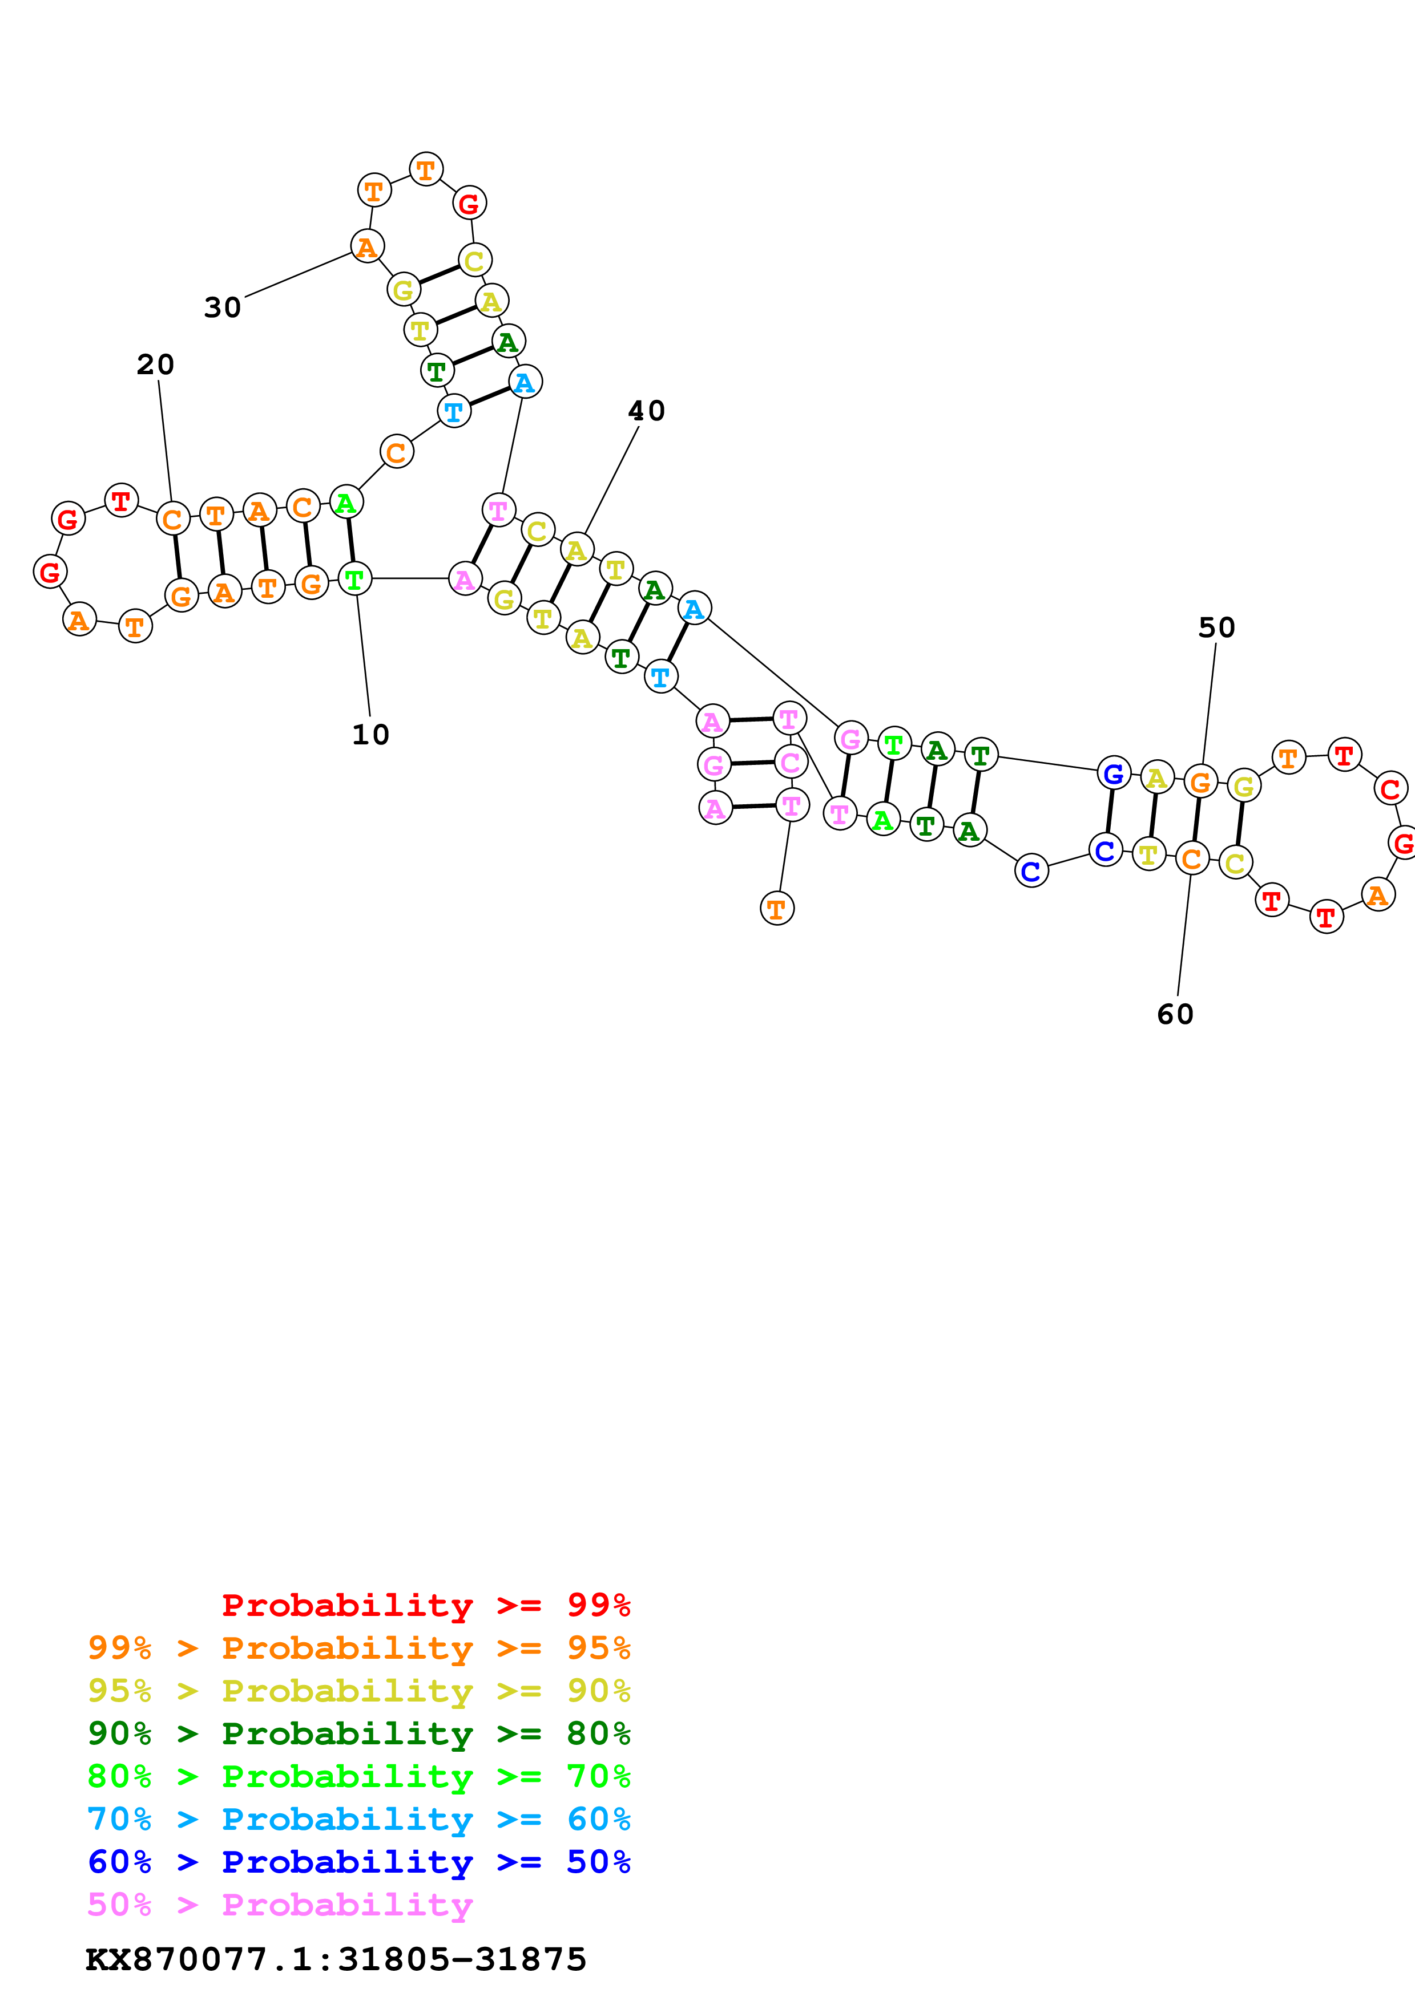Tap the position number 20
pos(155,364)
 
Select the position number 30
pos(222,307)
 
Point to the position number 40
pos(646,411)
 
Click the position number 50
pos(1216,627)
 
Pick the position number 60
pos(1175,1014)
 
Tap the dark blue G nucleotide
pos(1114,773)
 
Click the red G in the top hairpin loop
pos(469,204)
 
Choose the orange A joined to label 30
pos(367,246)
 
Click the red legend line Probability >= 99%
pos(425,1605)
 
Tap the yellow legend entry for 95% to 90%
pos(358,1691)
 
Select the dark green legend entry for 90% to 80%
pos(358,1733)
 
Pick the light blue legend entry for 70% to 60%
pos(358,1819)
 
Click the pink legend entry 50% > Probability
pos(280,1904)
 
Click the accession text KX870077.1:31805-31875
pos(336,1959)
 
